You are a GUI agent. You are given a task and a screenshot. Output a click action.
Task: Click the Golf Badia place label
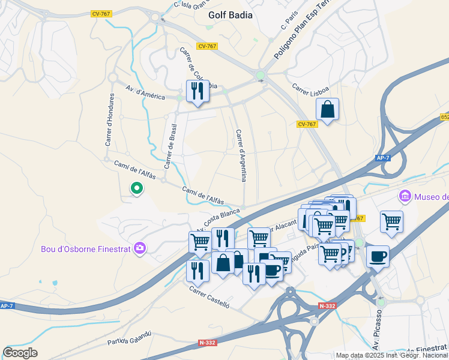pos(230,15)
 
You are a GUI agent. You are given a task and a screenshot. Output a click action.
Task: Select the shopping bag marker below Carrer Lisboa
pos(327,110)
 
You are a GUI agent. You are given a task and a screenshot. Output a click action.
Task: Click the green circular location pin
pos(137,190)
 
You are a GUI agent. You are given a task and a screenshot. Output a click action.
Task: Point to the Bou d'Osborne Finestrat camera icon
pos(140,248)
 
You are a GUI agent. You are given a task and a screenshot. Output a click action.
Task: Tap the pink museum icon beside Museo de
pos(405,196)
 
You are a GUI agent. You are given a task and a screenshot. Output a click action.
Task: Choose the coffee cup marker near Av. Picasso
pos(378,256)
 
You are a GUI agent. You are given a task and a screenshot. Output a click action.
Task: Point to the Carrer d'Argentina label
pos(241,155)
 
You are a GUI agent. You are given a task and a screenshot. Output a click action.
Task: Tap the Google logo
pos(20,353)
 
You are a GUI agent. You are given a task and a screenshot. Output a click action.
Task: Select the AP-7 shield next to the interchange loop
pos(382,158)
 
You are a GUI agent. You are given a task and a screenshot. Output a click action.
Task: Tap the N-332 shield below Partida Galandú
pos(206,343)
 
